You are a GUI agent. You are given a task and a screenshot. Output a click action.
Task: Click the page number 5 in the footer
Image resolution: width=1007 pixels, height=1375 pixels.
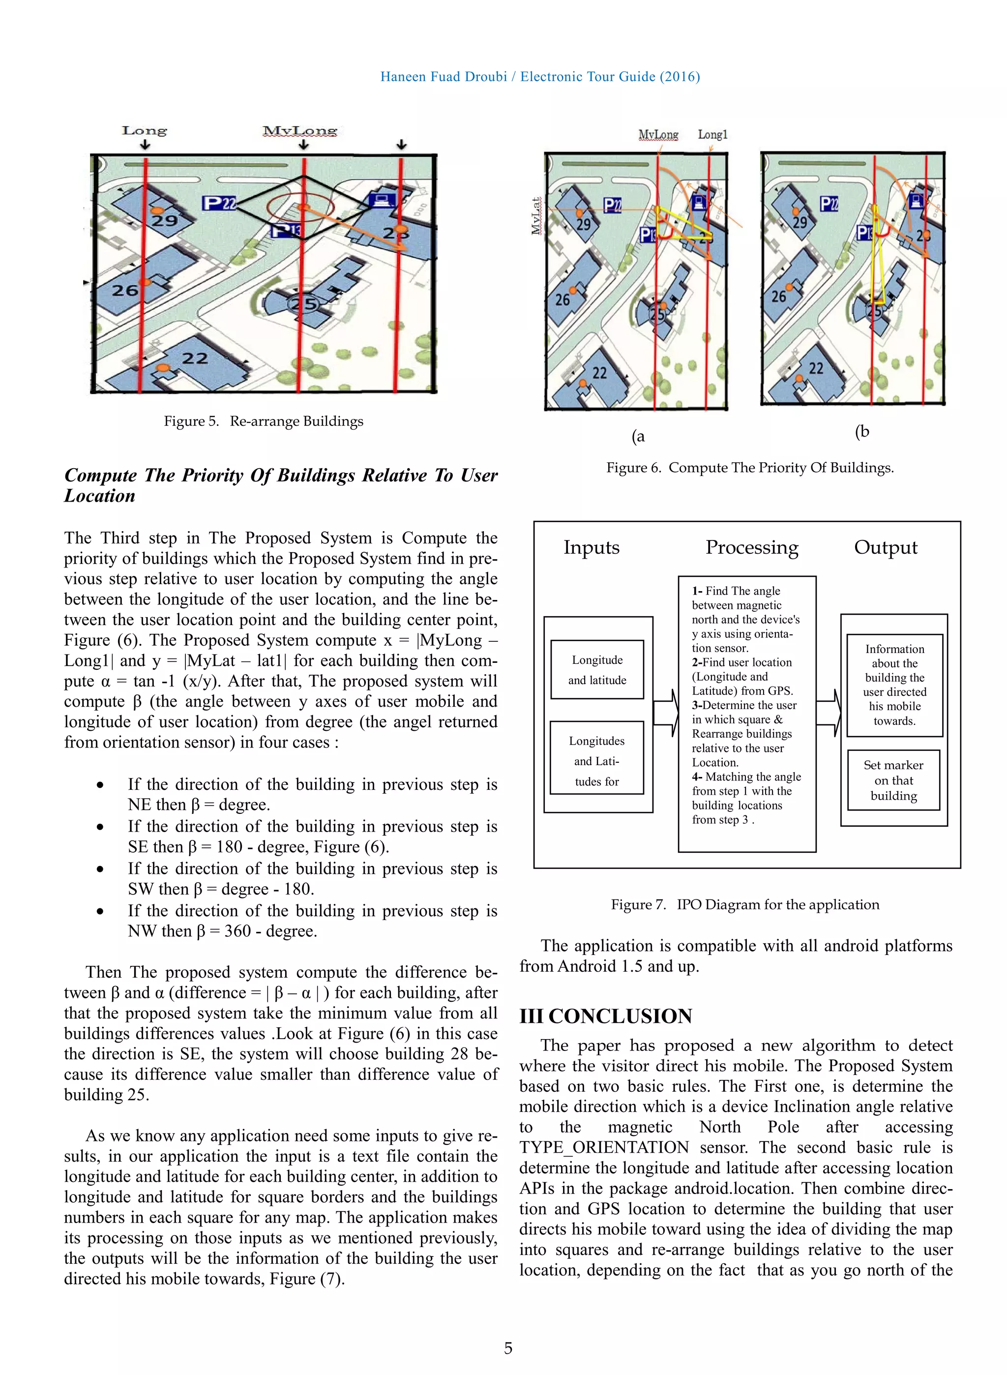pyautogui.click(x=508, y=1347)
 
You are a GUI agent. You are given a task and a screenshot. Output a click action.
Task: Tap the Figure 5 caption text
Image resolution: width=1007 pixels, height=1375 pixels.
pyautogui.click(x=264, y=421)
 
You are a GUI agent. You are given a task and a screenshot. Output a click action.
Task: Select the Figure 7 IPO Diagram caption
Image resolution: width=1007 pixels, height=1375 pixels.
pyautogui.click(x=745, y=904)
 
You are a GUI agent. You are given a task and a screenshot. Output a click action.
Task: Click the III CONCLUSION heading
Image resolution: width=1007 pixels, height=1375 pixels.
pyautogui.click(x=605, y=1016)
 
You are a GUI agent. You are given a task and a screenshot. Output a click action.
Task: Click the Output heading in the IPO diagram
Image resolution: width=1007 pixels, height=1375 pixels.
pyautogui.click(x=885, y=547)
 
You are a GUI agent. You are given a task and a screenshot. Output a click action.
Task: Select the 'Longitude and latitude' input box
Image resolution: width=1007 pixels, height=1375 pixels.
pyautogui.click(x=597, y=670)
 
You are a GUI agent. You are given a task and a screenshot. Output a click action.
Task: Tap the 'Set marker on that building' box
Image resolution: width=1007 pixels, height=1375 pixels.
pyautogui.click(x=893, y=780)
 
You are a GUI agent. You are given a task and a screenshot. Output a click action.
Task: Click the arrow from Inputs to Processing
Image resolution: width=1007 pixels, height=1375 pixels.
pyautogui.click(x=666, y=713)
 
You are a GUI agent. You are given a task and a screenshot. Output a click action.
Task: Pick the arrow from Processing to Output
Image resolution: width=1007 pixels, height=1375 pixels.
pyautogui.click(x=829, y=713)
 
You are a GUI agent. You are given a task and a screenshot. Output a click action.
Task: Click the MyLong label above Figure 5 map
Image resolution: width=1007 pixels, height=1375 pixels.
pyautogui.click(x=300, y=131)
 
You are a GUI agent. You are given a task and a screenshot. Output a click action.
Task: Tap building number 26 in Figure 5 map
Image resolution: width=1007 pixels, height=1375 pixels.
pyautogui.click(x=125, y=290)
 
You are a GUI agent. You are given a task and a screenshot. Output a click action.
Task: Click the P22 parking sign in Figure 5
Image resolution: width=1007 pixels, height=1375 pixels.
pyautogui.click(x=219, y=203)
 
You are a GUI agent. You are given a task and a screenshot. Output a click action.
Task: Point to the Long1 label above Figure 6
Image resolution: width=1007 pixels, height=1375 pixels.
pyautogui.click(x=712, y=135)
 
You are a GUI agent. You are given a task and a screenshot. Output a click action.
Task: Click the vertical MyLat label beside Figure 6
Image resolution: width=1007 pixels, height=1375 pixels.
pyautogui.click(x=536, y=216)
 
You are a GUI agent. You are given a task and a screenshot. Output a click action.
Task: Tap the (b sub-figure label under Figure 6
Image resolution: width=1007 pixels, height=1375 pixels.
pyautogui.click(x=862, y=431)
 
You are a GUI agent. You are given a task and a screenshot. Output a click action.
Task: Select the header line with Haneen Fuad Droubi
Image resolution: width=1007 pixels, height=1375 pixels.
pyautogui.click(x=539, y=77)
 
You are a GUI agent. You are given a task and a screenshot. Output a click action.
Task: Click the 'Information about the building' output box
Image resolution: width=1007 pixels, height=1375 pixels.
pyautogui.click(x=894, y=685)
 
